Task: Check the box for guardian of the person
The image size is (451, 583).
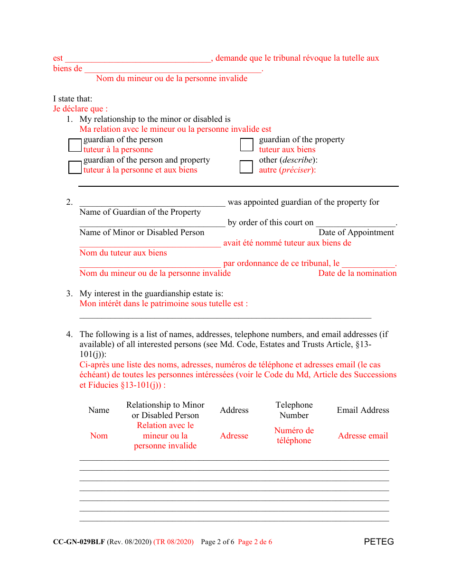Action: click(x=75, y=145)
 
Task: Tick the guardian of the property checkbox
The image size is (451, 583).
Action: click(x=246, y=145)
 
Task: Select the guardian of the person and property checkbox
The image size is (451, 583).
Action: click(x=75, y=167)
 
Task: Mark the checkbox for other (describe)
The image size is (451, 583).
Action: click(x=246, y=167)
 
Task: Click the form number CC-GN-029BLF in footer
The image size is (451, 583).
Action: click(x=79, y=542)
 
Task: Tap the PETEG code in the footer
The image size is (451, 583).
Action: click(x=379, y=542)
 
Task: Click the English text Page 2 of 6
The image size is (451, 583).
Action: click(x=217, y=542)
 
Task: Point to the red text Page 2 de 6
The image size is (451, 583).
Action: click(x=255, y=542)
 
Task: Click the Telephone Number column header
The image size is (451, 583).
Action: click(x=294, y=410)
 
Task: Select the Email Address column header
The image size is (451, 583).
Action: click(x=363, y=410)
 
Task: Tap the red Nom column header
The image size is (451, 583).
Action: click(x=99, y=436)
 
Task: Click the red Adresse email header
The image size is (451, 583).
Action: click(x=363, y=436)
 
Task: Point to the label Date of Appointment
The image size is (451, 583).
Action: click(x=356, y=232)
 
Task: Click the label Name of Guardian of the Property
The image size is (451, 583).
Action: click(x=140, y=212)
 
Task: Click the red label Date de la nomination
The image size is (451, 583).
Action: click(x=357, y=273)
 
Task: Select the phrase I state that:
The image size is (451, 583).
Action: click(x=73, y=99)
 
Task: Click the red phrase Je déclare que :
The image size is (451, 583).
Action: click(x=80, y=109)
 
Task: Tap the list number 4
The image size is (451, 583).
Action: click(x=69, y=334)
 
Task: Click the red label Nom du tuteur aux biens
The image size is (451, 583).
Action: click(x=123, y=253)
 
